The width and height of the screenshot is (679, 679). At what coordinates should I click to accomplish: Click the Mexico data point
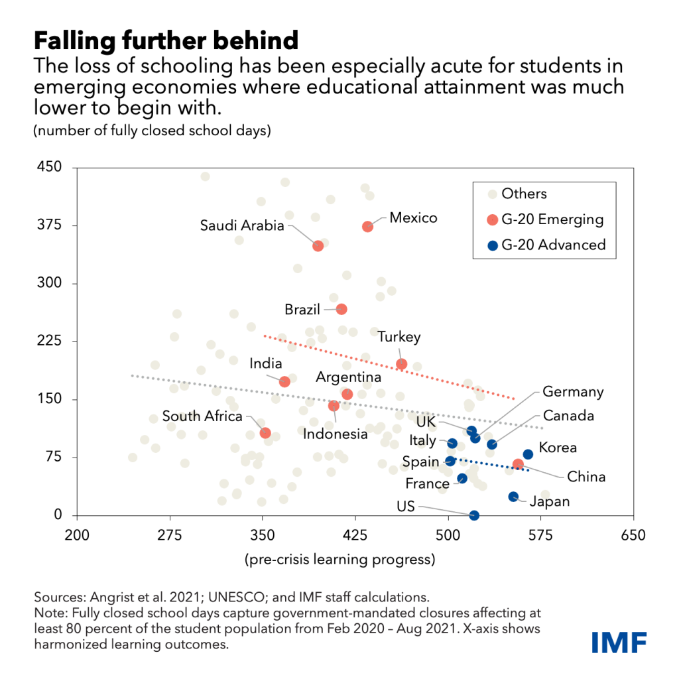(x=367, y=227)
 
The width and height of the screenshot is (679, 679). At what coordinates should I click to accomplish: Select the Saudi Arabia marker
(x=318, y=246)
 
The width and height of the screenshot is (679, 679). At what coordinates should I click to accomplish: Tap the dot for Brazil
(x=341, y=309)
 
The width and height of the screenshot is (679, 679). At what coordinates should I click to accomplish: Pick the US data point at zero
(x=474, y=515)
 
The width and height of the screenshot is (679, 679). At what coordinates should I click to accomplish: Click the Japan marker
(x=513, y=497)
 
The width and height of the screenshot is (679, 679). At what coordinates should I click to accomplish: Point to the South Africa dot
(x=265, y=433)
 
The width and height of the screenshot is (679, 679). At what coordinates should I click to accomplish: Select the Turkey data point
(x=401, y=364)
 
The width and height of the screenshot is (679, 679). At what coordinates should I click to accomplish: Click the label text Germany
(x=573, y=392)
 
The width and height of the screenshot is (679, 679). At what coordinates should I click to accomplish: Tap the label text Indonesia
(x=335, y=434)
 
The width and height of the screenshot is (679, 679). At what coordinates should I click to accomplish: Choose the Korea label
(x=558, y=448)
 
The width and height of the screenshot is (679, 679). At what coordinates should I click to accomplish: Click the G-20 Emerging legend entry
(x=552, y=219)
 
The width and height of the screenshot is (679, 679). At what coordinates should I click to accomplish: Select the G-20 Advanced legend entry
(x=553, y=245)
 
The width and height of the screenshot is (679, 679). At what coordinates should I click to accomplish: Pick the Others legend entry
(x=524, y=194)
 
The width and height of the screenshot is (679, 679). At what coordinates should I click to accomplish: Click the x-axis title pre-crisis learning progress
(x=339, y=560)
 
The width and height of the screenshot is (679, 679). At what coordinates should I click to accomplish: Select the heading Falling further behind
(x=166, y=41)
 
